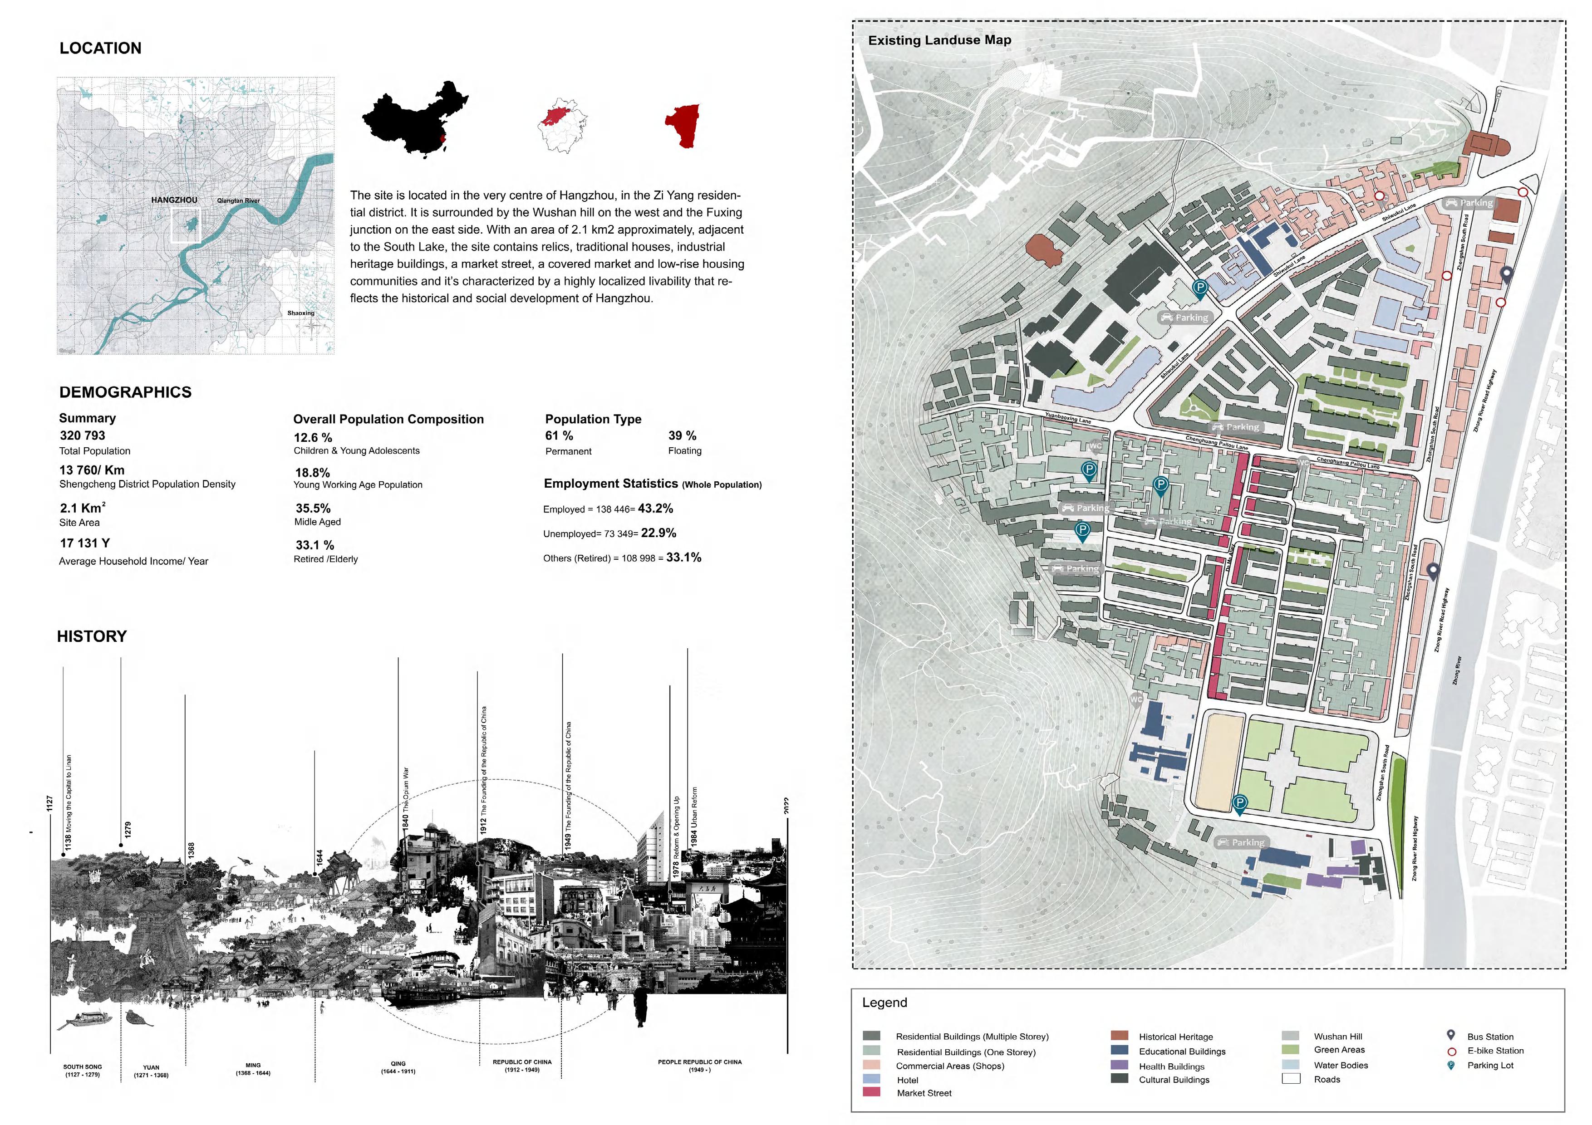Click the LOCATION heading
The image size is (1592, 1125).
[101, 48]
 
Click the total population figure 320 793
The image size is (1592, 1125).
[83, 435]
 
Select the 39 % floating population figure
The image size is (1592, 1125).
[682, 435]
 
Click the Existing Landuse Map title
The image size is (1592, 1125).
[939, 40]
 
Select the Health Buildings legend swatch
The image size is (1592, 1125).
[1119, 1065]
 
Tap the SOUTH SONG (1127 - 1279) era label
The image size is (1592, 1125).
[83, 1070]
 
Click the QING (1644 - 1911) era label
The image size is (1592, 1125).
[398, 1067]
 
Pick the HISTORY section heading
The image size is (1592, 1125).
[92, 636]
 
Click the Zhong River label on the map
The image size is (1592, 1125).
[1458, 671]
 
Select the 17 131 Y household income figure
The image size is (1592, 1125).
[84, 543]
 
